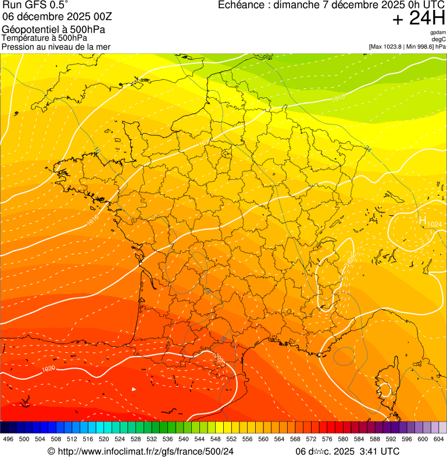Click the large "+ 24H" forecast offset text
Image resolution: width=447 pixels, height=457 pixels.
tap(419, 19)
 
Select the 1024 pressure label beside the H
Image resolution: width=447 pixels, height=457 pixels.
tap(434, 224)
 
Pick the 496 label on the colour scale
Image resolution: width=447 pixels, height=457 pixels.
tap(8, 440)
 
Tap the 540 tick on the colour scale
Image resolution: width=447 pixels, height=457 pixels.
tap(184, 440)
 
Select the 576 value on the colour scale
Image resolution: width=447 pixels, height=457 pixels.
tap(328, 440)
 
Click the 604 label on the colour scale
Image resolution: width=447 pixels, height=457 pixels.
tap(439, 440)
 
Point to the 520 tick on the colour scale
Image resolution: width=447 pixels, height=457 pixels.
tap(104, 440)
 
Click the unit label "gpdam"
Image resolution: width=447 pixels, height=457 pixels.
tap(438, 33)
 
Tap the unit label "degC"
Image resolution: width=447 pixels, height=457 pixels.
tap(439, 40)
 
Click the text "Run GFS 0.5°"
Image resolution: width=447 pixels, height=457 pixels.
tap(35, 6)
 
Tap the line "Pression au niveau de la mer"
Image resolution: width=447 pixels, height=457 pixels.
tap(56, 47)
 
